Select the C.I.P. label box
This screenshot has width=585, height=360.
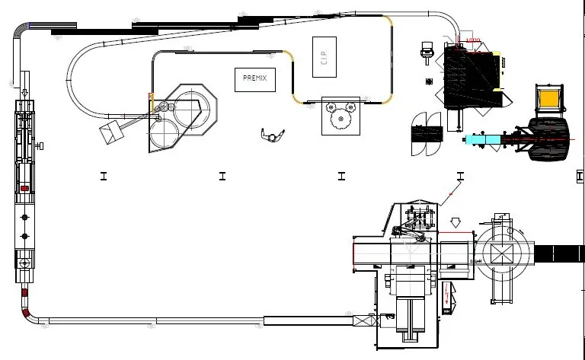pos(324,56)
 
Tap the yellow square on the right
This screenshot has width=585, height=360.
pos(548,99)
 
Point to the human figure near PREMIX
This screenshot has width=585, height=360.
pos(270,135)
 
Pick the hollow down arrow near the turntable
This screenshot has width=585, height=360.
pos(456,223)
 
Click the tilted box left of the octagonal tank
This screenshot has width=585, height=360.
pos(110,132)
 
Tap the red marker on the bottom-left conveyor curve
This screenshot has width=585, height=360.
pos(26,313)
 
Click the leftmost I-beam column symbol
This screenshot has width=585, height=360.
pos(103,176)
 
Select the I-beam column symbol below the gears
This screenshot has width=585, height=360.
pos(341,176)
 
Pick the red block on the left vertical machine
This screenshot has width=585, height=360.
pos(24,187)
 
